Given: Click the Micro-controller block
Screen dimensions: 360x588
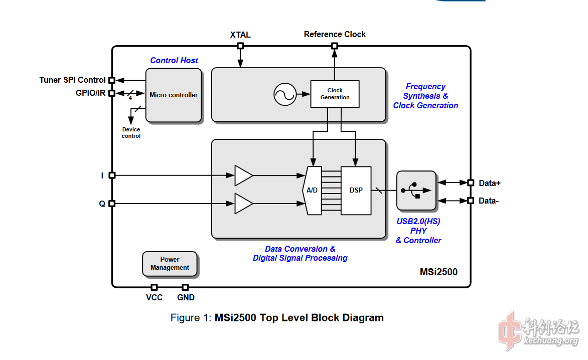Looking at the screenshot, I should [x=174, y=95].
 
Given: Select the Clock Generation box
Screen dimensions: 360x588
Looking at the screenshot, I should [x=335, y=94].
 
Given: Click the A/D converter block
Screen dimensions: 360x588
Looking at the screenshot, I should [x=312, y=190].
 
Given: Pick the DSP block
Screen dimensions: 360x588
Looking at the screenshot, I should [x=356, y=190].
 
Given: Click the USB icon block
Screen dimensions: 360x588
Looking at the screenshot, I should [x=416, y=191].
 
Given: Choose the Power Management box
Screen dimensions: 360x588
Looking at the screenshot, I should [x=170, y=264].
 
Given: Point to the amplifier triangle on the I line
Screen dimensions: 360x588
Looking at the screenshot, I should [x=243, y=175].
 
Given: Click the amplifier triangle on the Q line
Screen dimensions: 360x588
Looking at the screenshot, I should [x=243, y=204].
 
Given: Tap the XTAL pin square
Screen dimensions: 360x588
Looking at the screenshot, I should [x=240, y=46].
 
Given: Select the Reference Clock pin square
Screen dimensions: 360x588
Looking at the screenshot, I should [x=335, y=46].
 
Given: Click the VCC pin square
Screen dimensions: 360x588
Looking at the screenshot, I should [x=154, y=287].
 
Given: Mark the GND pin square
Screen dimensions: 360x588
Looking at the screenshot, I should [x=185, y=287].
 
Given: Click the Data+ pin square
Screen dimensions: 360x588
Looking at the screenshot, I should [x=470, y=183].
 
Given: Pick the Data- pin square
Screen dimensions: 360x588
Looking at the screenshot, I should [x=470, y=201].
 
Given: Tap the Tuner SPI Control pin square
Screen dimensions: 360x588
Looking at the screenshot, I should [x=112, y=80].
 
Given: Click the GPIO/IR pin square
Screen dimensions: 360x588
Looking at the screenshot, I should [x=112, y=93].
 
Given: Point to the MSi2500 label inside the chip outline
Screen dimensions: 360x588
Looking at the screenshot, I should [x=438, y=272].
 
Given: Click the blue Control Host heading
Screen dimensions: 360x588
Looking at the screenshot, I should [x=174, y=60].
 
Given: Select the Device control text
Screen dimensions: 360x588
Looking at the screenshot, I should [x=131, y=133].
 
